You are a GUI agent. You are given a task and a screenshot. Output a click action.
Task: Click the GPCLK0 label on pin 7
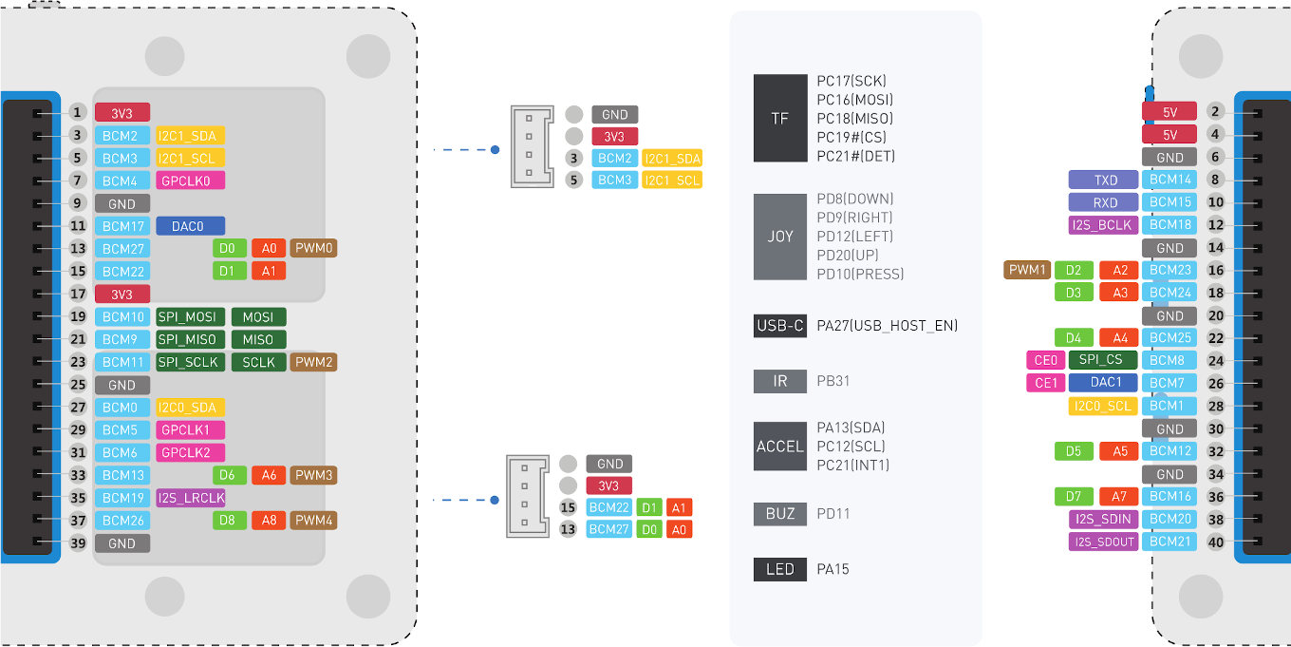(x=191, y=181)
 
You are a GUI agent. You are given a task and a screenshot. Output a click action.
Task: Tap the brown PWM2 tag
(x=313, y=362)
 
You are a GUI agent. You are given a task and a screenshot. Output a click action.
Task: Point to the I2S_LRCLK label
(x=191, y=498)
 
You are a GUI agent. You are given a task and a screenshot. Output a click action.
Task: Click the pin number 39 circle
(x=78, y=543)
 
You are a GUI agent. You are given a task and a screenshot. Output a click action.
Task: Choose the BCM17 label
(x=122, y=226)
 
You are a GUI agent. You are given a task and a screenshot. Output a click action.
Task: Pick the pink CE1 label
(x=1045, y=383)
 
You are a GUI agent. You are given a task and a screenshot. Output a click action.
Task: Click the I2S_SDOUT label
(x=1103, y=542)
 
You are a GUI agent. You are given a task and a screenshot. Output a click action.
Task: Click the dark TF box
(x=779, y=119)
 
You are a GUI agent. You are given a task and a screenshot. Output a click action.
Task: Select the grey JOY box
(x=779, y=237)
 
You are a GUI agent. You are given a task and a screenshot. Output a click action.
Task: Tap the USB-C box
(x=779, y=326)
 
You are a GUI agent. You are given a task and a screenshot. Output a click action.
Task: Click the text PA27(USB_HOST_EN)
(x=887, y=326)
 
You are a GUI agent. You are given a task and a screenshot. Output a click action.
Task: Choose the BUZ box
(x=779, y=513)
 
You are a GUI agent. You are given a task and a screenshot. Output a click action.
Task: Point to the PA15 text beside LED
(x=833, y=570)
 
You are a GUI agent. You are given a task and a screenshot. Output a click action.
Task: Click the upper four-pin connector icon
(x=532, y=146)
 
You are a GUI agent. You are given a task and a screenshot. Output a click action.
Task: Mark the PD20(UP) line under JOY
(x=855, y=256)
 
